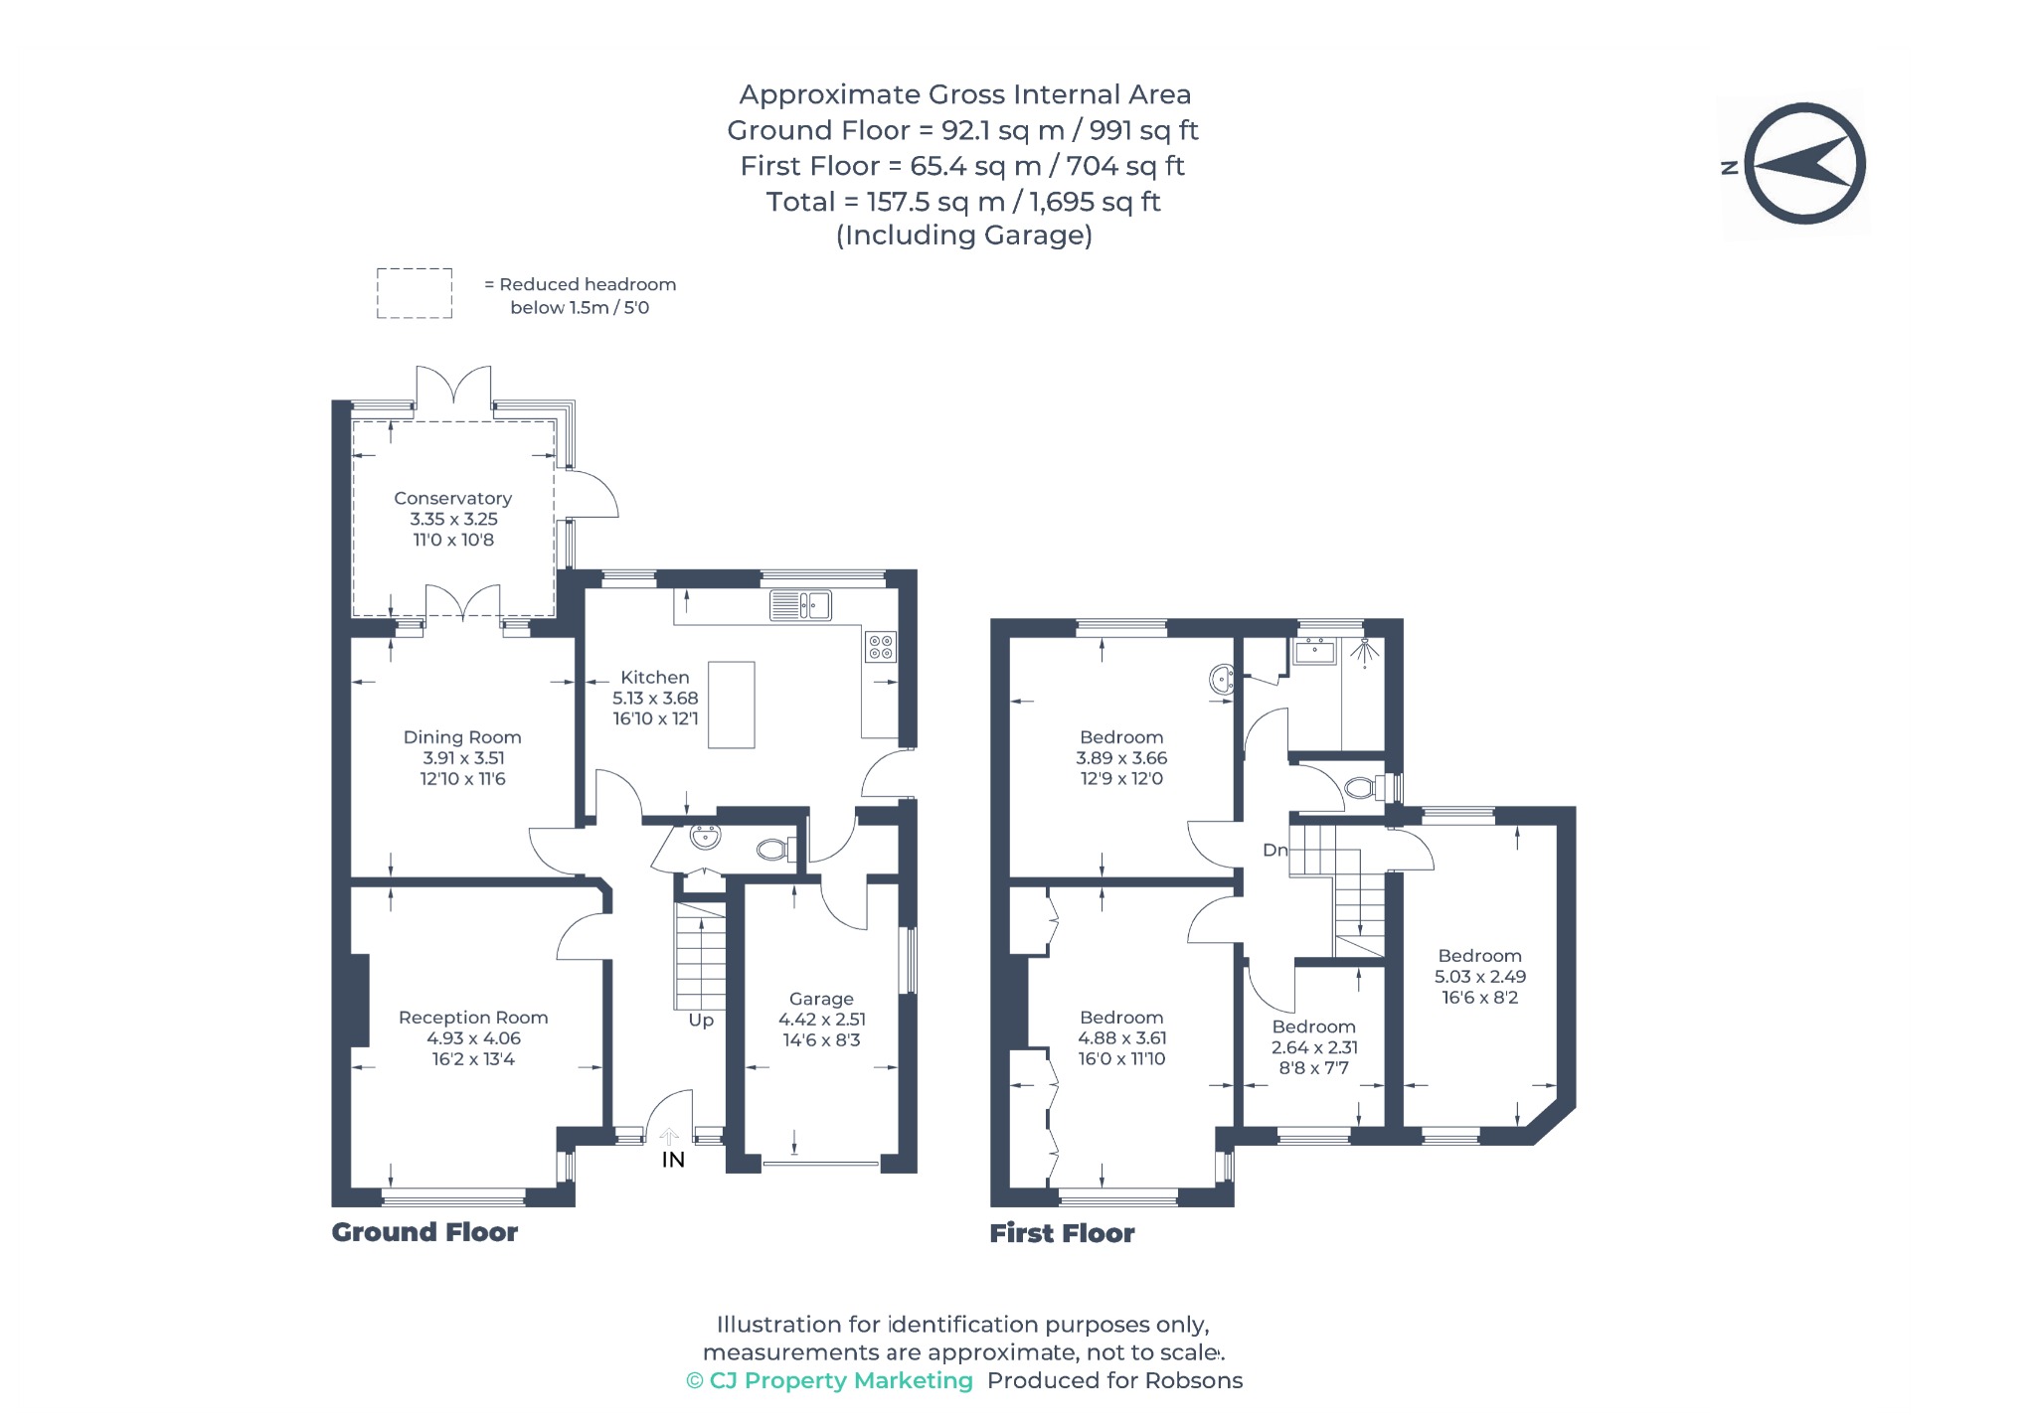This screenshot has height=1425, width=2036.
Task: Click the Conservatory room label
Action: (452, 498)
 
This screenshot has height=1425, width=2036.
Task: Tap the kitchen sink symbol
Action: (800, 604)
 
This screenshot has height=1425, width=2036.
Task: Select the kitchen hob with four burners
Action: (881, 647)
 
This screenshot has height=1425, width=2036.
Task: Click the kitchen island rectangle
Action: (731, 705)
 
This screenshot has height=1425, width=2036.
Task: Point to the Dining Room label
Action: (462, 737)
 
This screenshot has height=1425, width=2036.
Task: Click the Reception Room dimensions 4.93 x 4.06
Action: (473, 1038)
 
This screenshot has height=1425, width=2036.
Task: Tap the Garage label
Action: (821, 999)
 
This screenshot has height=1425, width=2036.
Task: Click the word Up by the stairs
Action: (701, 1021)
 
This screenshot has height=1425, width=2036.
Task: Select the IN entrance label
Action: (673, 1160)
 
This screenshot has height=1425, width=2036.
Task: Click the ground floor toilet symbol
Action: (775, 850)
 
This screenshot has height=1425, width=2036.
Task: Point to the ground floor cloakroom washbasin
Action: (705, 837)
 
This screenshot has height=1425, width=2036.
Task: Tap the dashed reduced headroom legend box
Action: (415, 293)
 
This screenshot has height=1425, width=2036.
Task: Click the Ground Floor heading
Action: (424, 1232)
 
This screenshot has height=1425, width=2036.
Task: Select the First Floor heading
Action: (1062, 1233)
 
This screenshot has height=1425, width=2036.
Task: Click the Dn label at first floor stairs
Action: (1274, 850)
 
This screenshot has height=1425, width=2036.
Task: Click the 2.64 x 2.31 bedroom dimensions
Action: (1314, 1047)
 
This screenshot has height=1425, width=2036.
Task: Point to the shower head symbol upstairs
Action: (1368, 651)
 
